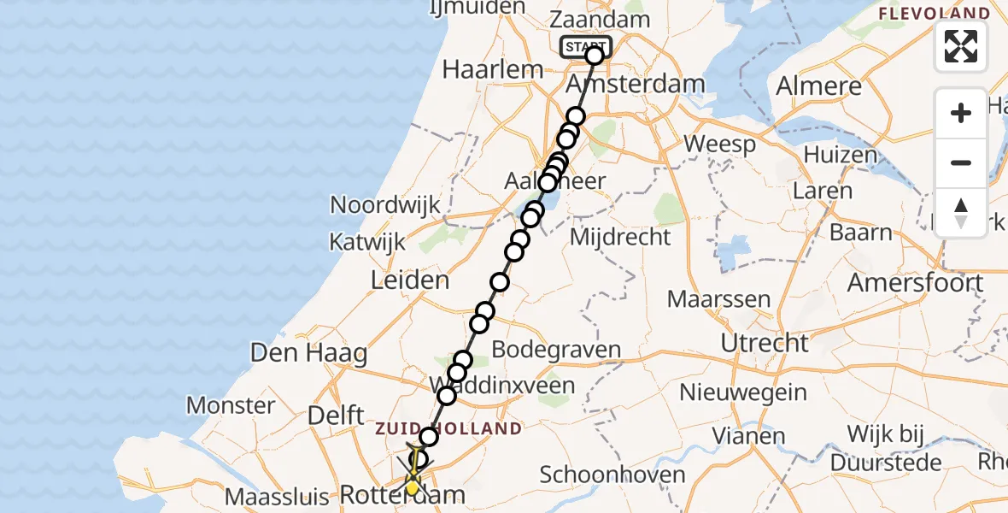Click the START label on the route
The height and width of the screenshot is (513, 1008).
(x=586, y=47)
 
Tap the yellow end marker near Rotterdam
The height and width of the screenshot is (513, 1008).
(x=413, y=488)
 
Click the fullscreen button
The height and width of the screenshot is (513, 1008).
(x=961, y=46)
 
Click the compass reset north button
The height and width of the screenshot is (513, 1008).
(x=961, y=213)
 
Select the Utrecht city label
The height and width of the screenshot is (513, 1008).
(x=765, y=343)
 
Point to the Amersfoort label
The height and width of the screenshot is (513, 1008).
(x=915, y=283)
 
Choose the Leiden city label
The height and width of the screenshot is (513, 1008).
(x=409, y=280)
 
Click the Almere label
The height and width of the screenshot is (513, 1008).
(x=819, y=86)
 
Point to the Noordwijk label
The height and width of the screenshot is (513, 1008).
(x=385, y=205)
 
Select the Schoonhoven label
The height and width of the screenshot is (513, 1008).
(x=612, y=475)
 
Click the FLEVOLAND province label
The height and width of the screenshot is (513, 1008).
(x=935, y=15)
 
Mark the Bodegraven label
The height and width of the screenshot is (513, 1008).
(x=556, y=351)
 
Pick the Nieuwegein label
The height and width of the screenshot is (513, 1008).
(x=743, y=392)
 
